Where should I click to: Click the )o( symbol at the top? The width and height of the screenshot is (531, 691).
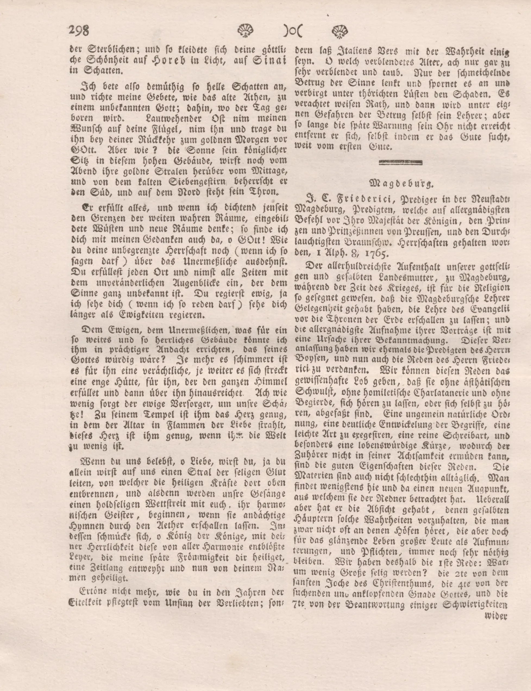(x=292, y=31)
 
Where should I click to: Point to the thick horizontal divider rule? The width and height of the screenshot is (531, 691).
(x=400, y=162)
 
